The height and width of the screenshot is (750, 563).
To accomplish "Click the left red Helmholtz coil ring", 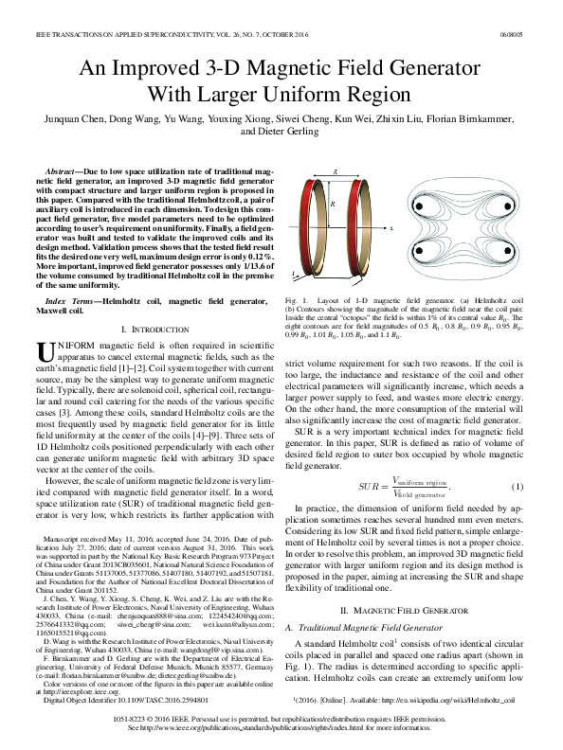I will click(x=306, y=228).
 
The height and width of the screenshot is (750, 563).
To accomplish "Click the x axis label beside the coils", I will click(x=390, y=228).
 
